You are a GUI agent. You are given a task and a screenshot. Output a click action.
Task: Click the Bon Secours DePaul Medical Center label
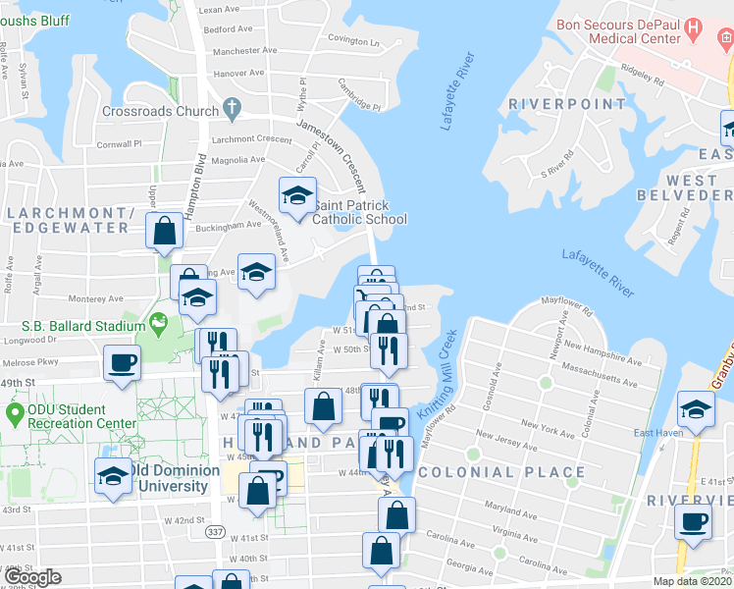(x=618, y=31)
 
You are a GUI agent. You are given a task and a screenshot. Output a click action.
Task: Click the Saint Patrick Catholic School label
(x=359, y=212)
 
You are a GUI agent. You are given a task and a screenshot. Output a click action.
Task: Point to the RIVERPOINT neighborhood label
(x=567, y=104)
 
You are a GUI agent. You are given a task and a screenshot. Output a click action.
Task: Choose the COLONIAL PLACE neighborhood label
(x=501, y=472)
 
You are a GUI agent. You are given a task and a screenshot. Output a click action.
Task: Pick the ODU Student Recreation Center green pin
(x=14, y=413)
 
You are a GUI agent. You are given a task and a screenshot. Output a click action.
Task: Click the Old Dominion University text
(x=178, y=477)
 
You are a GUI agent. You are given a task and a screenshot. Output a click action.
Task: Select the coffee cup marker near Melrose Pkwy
(x=123, y=362)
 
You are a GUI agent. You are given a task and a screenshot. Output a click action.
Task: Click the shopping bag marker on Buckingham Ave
(x=165, y=232)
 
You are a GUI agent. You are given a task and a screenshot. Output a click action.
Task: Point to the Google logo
(x=32, y=577)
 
